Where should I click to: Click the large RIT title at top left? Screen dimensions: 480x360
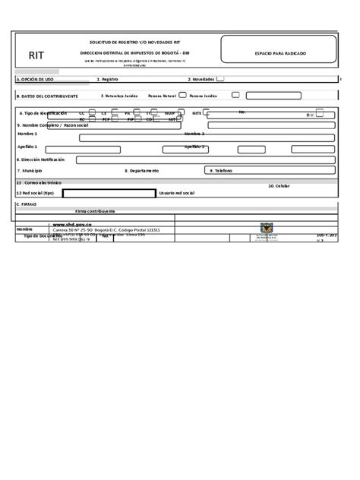click(x=36, y=55)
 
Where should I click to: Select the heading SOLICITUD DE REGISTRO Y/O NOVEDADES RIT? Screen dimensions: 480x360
click(x=134, y=43)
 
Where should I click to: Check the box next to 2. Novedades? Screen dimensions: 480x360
click(x=219, y=78)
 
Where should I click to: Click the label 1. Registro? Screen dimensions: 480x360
click(x=107, y=79)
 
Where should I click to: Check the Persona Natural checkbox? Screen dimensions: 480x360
click(x=182, y=96)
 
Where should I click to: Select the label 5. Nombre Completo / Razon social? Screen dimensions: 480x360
click(x=52, y=125)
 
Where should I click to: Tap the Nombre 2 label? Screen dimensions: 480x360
click(x=194, y=133)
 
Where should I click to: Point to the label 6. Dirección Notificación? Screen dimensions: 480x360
click(x=41, y=159)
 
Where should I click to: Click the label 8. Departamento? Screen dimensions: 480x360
click(x=142, y=171)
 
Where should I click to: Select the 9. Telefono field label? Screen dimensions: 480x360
click(x=221, y=171)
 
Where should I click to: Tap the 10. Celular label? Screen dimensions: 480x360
click(x=279, y=185)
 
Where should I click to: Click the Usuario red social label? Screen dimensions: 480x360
click(x=176, y=194)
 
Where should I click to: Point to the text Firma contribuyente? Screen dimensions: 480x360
click(x=95, y=210)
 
